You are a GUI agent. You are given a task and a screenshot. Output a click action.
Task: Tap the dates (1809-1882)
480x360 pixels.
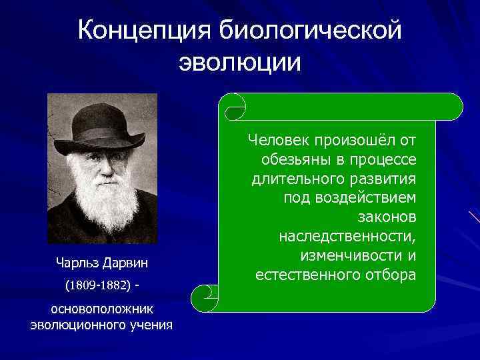tap(99, 285)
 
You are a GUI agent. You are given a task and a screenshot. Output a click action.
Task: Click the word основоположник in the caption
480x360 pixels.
tap(102, 309)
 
